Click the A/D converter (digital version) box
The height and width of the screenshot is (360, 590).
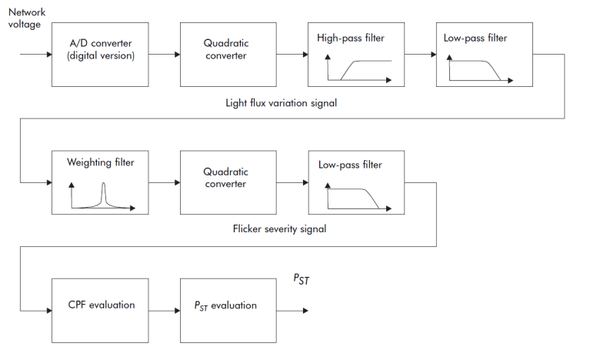pyautogui.click(x=100, y=55)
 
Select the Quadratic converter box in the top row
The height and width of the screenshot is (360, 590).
pyautogui.click(x=228, y=55)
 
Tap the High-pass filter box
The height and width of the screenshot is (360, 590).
pyautogui.click(x=355, y=55)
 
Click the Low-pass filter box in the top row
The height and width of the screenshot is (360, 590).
pyautogui.click(x=483, y=55)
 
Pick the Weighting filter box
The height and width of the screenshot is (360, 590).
pyautogui.click(x=100, y=182)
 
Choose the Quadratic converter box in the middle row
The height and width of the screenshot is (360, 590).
pyautogui.click(x=228, y=182)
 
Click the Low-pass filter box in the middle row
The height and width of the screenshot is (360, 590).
pyautogui.click(x=355, y=182)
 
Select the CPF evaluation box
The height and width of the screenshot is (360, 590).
pyautogui.click(x=100, y=310)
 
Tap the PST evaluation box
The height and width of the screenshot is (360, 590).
pyautogui.click(x=228, y=310)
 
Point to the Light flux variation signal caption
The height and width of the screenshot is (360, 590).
pyautogui.click(x=281, y=102)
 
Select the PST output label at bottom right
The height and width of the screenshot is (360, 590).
pyautogui.click(x=301, y=281)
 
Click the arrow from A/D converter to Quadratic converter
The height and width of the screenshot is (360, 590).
pyautogui.click(x=164, y=55)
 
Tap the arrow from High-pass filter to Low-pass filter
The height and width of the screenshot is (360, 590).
pyautogui.click(x=419, y=55)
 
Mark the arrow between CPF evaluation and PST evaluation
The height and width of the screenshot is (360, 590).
pyautogui.click(x=164, y=310)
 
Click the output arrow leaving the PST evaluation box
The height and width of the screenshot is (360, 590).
pyautogui.click(x=292, y=310)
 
